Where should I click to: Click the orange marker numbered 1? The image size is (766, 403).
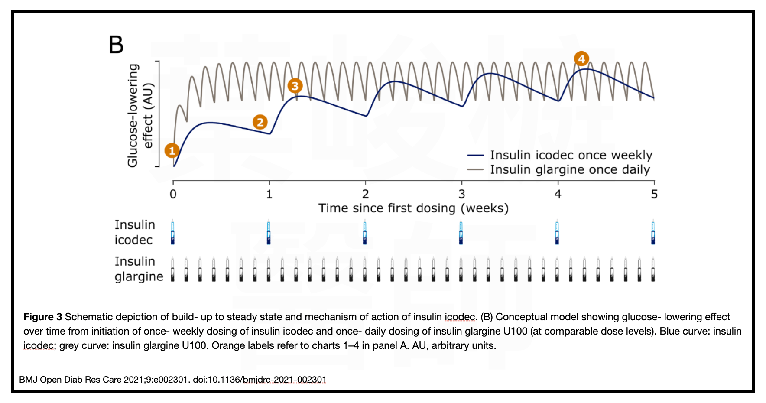click(x=172, y=151)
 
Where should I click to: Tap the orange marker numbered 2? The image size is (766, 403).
click(x=260, y=122)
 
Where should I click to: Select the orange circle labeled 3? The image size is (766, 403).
click(x=295, y=86)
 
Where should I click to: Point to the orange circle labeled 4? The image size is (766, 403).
click(x=581, y=58)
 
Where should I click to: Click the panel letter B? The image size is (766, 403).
click(x=116, y=45)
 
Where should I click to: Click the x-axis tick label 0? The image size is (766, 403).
click(x=173, y=194)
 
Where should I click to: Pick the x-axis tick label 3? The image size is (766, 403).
click(x=462, y=194)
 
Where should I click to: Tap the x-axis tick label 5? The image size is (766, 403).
click(x=654, y=194)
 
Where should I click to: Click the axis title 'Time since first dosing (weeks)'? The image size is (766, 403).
click(x=413, y=208)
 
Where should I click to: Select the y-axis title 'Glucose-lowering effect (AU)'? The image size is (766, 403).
click(x=140, y=115)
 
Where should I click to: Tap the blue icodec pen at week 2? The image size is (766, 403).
click(x=365, y=232)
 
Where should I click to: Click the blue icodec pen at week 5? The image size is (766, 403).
click(x=653, y=232)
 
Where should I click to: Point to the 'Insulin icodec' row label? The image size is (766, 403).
click(x=134, y=232)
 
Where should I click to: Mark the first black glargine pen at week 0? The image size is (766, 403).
click(x=173, y=270)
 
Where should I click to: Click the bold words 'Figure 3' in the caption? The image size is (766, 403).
click(x=42, y=317)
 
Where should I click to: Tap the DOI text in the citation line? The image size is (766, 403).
click(x=260, y=380)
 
